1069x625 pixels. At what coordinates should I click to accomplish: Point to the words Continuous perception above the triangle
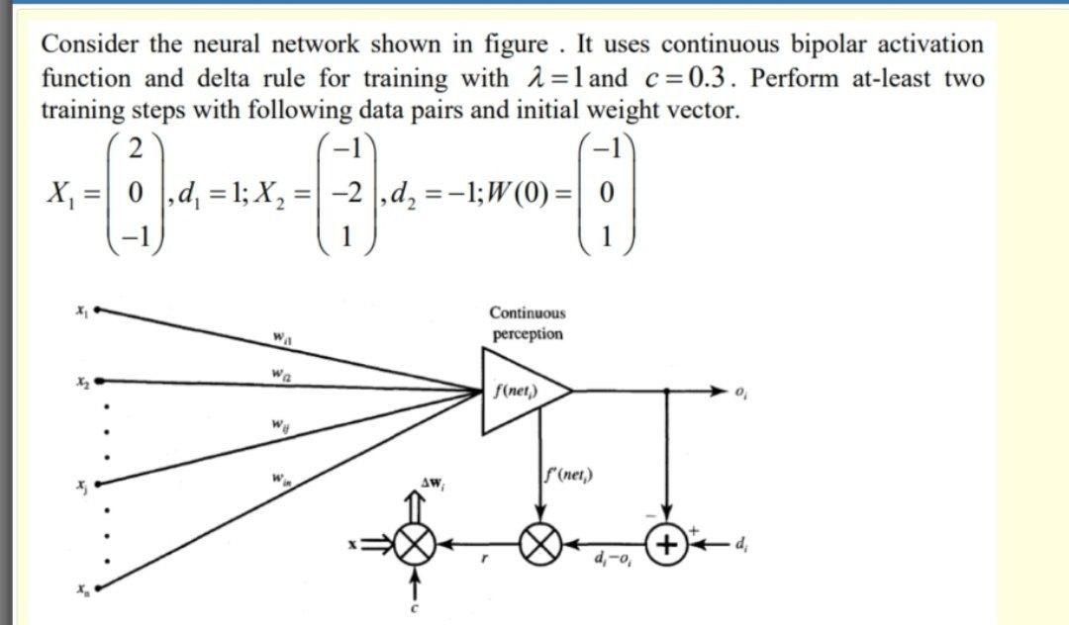coord(527,323)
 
